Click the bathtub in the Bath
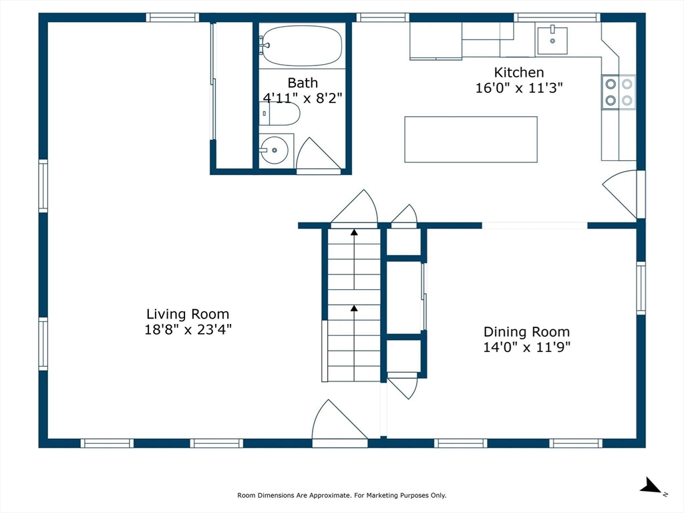click(302, 45)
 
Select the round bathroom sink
click(273, 150)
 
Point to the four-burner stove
click(619, 93)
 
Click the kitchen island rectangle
click(471, 139)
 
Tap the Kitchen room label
click(518, 72)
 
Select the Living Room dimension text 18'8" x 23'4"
click(188, 329)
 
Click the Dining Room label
click(526, 332)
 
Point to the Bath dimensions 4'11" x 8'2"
click(303, 98)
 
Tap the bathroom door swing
click(317, 155)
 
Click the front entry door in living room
click(337, 422)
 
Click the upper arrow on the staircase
click(354, 232)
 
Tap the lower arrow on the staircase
click(354, 309)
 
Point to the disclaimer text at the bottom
click(341, 495)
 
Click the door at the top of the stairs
click(355, 208)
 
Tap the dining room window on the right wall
click(641, 288)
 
